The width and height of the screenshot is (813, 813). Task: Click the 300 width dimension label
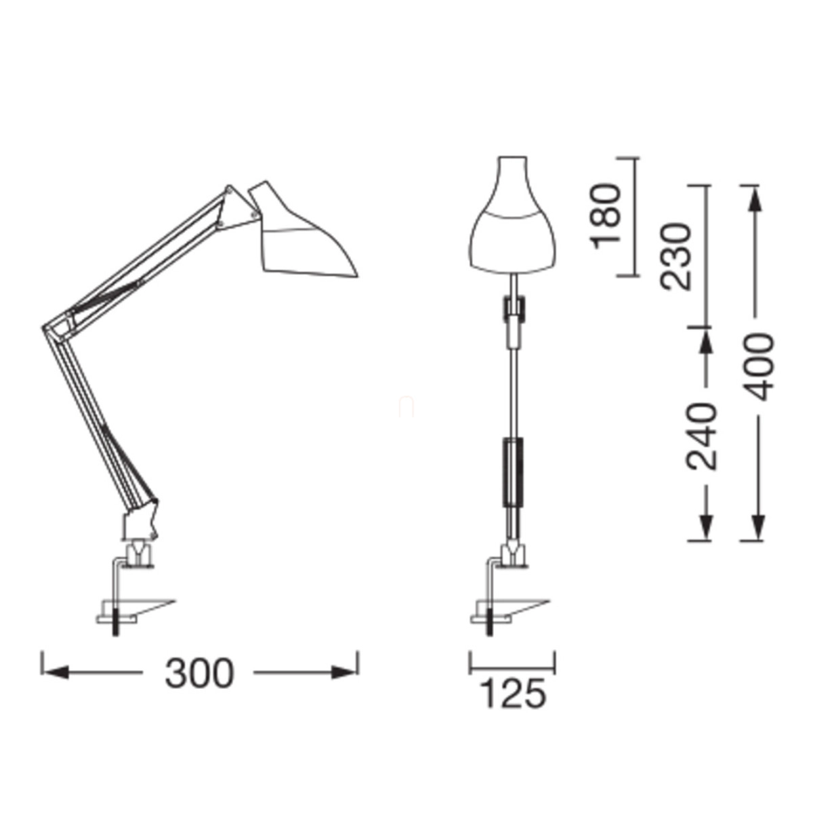click(x=199, y=673)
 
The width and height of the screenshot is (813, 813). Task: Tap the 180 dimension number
click(x=606, y=217)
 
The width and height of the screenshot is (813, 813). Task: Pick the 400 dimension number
click(x=758, y=367)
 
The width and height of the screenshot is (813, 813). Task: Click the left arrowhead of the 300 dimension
click(x=56, y=673)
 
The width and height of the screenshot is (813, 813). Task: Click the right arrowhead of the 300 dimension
click(x=344, y=673)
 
